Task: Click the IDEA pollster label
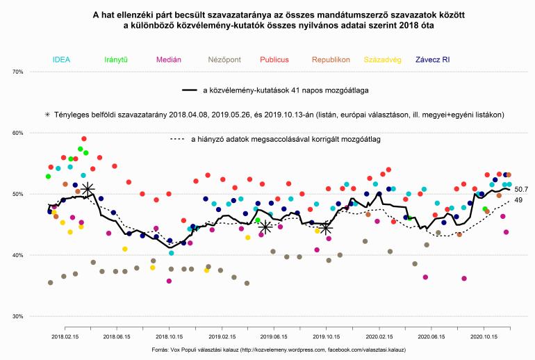point(60,60)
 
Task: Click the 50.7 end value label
point(522,189)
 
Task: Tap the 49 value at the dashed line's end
point(518,200)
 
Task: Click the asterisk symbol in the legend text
point(47,114)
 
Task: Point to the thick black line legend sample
point(190,90)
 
